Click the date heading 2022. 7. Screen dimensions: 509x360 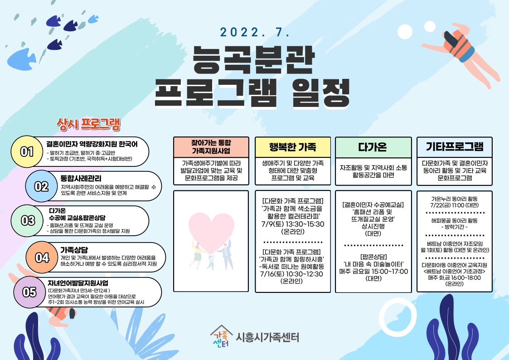255,32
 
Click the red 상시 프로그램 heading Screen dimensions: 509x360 88,124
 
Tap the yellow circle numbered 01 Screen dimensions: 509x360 27,151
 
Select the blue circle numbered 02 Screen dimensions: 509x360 41,186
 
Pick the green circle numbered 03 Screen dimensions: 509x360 27,221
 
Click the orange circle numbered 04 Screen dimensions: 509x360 42,258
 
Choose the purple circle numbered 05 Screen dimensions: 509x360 29,292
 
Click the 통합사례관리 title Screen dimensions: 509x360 81,178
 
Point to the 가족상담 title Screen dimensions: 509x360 74,250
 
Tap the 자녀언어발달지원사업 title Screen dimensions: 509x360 78,283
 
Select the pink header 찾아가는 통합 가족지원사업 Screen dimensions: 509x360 211,147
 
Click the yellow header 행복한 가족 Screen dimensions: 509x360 292,147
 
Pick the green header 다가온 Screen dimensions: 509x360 373,147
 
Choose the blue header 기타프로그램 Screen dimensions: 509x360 455,147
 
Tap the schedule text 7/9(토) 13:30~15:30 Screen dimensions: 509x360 293,224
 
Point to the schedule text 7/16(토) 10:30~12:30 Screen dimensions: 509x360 291,274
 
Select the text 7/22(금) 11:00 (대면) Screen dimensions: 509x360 455,205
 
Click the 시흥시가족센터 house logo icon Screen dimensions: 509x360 221,336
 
